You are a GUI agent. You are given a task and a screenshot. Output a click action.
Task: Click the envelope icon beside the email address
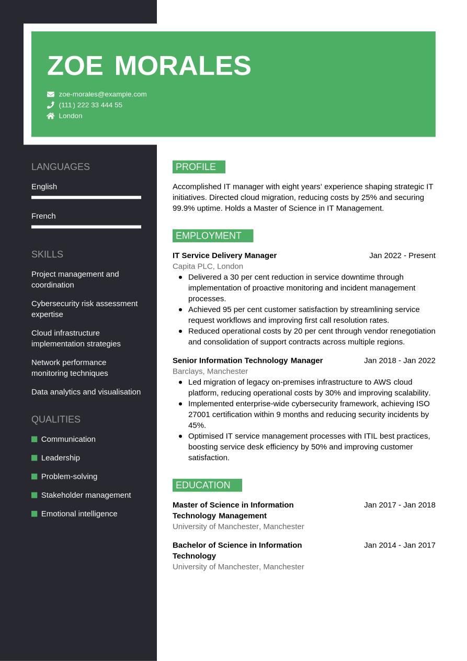[x=51, y=94]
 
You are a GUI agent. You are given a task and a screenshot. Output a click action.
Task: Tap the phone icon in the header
[x=51, y=105]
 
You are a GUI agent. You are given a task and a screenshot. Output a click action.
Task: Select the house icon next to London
[x=51, y=116]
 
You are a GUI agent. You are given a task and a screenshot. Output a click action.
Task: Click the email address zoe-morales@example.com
[x=102, y=94]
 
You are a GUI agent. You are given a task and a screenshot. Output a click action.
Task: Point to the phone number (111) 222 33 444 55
[x=90, y=105]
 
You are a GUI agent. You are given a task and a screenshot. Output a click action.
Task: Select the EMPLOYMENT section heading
[x=212, y=236]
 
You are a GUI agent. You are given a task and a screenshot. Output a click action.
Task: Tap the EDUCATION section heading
[x=207, y=485]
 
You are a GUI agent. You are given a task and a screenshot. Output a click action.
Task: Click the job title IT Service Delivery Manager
[x=224, y=255]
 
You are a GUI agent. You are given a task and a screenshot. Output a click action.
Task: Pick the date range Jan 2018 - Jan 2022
[x=400, y=361]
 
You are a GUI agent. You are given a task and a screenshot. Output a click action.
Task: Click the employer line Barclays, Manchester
[x=210, y=371]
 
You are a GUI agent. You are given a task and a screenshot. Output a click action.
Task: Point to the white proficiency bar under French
[x=86, y=227]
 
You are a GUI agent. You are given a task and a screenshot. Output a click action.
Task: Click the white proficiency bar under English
[x=86, y=197]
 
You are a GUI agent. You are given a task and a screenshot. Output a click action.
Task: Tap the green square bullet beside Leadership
[x=35, y=458]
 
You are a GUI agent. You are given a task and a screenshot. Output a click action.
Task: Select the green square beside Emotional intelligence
[x=35, y=514]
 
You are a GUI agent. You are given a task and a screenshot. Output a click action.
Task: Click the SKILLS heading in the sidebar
[x=47, y=254]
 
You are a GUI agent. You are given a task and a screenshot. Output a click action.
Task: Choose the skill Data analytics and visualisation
[x=86, y=392]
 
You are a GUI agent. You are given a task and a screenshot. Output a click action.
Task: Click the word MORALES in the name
[x=183, y=66]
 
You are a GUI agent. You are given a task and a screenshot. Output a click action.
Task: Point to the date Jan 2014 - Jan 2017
[x=400, y=545]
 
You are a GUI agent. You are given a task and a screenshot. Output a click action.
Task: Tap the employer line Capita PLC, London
[x=208, y=266]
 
